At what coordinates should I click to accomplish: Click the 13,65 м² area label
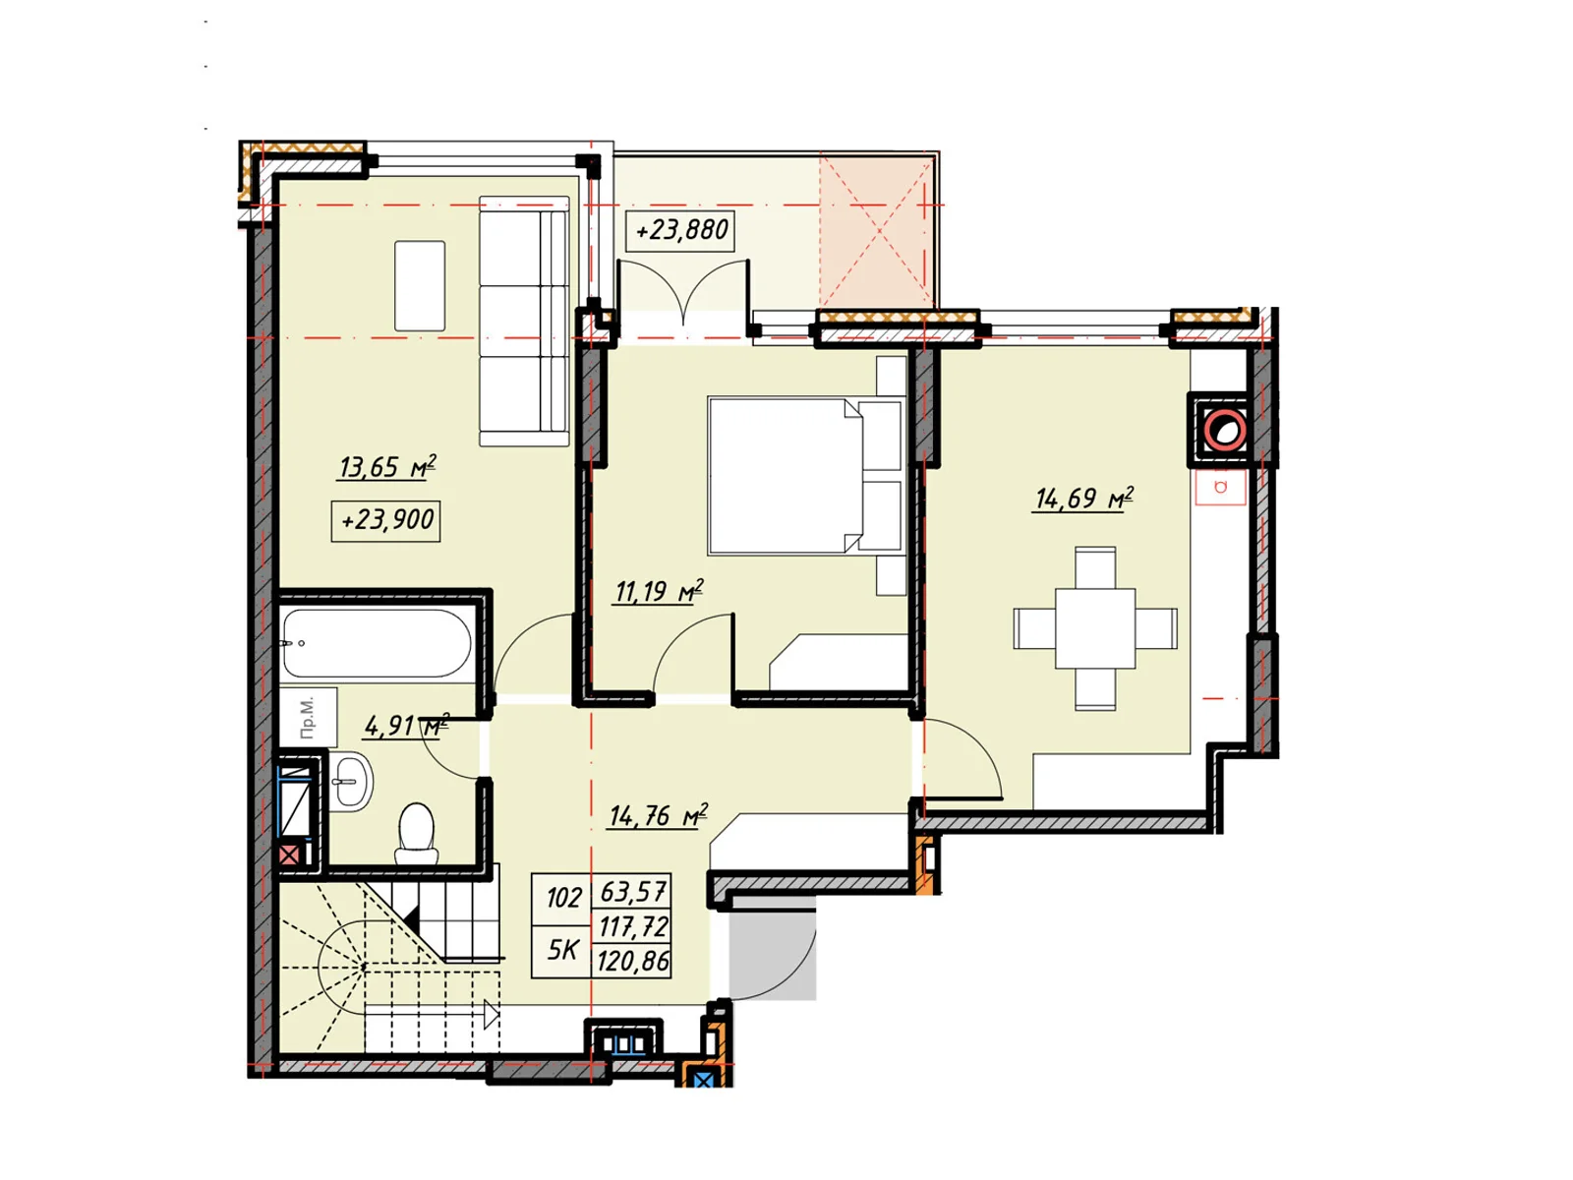point(386,467)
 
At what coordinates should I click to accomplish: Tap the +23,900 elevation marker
point(385,520)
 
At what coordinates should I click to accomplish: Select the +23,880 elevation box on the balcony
point(680,231)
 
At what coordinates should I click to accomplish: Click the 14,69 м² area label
point(1082,498)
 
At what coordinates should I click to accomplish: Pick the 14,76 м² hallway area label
point(658,815)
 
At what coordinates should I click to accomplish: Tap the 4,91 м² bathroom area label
point(406,726)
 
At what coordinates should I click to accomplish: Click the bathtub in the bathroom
point(377,643)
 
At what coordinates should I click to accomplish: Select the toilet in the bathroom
point(416,833)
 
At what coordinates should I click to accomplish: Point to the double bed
point(805,477)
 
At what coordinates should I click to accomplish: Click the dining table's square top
point(1094,628)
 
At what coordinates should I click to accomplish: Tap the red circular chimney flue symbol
point(1224,431)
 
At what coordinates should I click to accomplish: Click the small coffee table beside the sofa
point(420,286)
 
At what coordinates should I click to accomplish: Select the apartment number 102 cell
point(563,899)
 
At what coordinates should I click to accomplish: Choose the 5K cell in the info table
point(562,950)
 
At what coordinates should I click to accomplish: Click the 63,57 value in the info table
point(633,892)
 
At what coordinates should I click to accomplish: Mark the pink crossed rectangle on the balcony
point(877,231)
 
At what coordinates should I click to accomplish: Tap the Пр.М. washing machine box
point(308,717)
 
